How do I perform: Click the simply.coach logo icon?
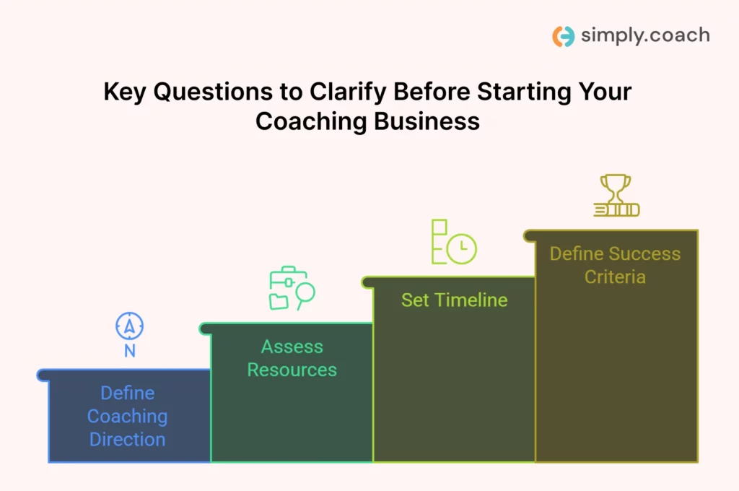coord(563,36)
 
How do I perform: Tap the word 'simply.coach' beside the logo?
coord(645,36)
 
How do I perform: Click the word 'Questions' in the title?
coord(213,92)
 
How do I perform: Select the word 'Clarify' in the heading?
coord(348,92)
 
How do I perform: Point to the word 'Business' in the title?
coord(427,121)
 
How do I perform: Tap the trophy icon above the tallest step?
coord(616,195)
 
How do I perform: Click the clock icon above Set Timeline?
coord(462,248)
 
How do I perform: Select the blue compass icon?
coord(130,326)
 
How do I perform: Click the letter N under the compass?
coord(130,351)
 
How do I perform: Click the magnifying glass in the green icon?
coord(305,295)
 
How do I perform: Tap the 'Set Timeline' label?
coord(455,300)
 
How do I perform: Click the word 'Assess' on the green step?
coord(292,347)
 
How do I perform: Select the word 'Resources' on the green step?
coord(292,370)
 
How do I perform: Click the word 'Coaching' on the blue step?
coord(127,417)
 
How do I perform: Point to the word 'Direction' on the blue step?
coord(127,440)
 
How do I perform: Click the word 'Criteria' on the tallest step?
coord(615,277)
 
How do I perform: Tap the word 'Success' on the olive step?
coord(647,253)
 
